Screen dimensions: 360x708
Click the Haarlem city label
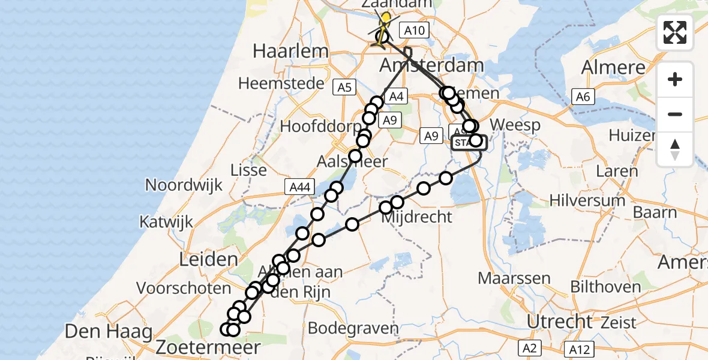pyautogui.click(x=290, y=51)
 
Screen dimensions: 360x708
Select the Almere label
pyautogui.click(x=613, y=67)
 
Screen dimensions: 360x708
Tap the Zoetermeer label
pyautogui.click(x=208, y=347)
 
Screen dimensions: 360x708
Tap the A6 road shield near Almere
pyautogui.click(x=583, y=96)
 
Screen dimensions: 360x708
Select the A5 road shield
pyautogui.click(x=344, y=88)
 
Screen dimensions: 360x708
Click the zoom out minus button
pyautogui.click(x=675, y=114)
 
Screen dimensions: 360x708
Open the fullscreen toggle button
pyautogui.click(x=675, y=32)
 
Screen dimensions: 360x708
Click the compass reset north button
pyautogui.click(x=675, y=149)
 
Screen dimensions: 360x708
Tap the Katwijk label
pyautogui.click(x=167, y=222)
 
